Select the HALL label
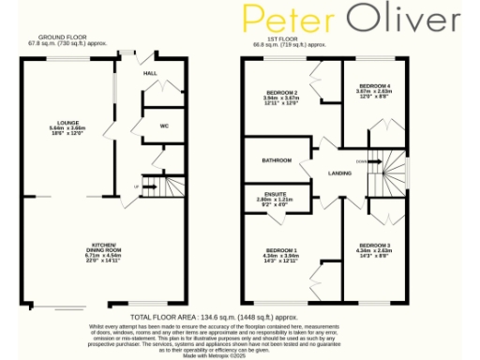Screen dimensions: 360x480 tap(149, 72)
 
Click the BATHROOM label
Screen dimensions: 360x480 tap(276, 160)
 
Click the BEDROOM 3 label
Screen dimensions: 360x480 tap(372, 244)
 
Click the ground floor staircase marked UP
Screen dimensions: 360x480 tap(157, 186)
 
